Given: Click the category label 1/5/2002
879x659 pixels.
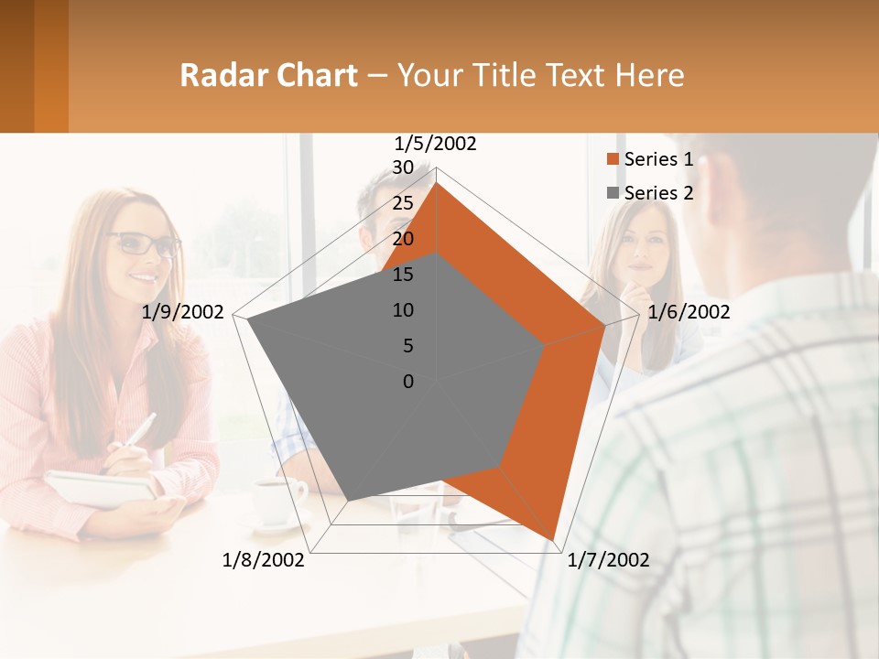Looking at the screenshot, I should tap(436, 144).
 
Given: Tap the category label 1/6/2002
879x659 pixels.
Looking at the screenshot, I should tap(689, 312).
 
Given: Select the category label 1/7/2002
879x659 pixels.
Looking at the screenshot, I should tap(609, 560).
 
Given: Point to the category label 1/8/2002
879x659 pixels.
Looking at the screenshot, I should tap(264, 560).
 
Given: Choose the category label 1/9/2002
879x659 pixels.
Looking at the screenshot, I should tap(183, 312).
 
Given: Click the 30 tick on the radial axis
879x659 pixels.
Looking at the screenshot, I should tap(403, 167).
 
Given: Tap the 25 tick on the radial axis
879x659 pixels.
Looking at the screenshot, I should tap(403, 203).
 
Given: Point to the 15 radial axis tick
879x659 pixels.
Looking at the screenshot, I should tap(403, 275).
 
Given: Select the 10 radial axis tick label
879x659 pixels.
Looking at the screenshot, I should tap(403, 310).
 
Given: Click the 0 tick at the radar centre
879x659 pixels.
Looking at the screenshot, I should tap(408, 382).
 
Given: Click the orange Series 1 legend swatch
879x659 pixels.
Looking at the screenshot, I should tap(613, 160).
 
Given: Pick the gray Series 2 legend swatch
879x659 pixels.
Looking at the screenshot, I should tap(613, 193).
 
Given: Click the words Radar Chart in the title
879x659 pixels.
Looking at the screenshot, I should tap(268, 75).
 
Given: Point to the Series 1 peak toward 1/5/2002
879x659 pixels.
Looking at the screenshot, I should tap(437, 183).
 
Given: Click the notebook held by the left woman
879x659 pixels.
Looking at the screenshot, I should tap(101, 489).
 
